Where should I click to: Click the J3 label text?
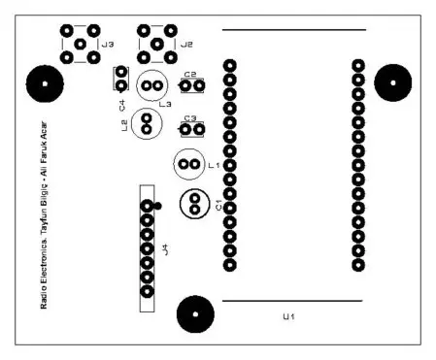(107, 45)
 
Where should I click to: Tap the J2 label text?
(186, 45)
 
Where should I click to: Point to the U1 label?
(288, 317)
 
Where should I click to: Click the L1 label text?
(215, 166)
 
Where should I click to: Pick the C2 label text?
(190, 75)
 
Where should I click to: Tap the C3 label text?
(190, 117)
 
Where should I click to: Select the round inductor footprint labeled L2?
(146, 123)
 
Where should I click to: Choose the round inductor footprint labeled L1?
(187, 166)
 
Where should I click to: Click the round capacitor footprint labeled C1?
(194, 203)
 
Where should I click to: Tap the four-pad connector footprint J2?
(157, 44)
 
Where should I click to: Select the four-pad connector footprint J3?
(80, 44)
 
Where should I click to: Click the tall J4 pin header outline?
(148, 247)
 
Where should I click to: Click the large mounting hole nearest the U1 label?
(194, 314)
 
